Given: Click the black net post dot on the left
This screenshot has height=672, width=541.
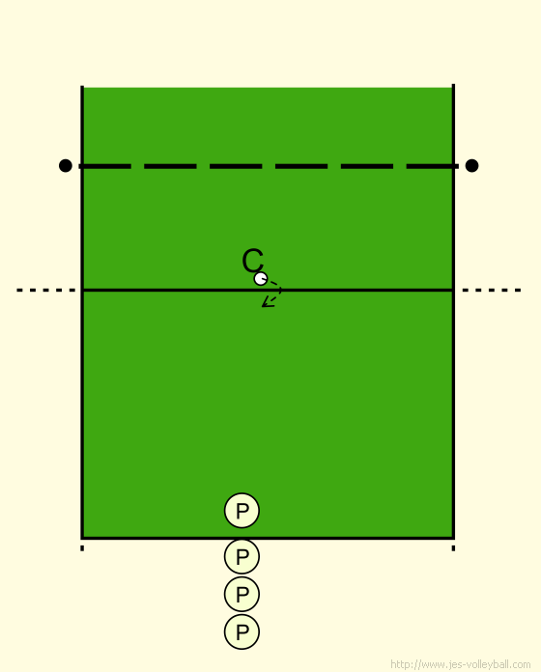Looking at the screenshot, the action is coord(65,165).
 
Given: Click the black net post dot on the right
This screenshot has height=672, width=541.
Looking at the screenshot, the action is coord(471,165).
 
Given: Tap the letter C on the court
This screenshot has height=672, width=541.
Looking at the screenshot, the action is coord(252,260).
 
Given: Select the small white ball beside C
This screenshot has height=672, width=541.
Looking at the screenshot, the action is coord(261,279).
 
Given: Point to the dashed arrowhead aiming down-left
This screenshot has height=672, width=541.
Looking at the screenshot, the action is coord(267,303).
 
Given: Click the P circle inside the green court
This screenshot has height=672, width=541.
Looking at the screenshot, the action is coord(242,511).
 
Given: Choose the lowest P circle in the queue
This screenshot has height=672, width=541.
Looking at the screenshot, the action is coord(242,631).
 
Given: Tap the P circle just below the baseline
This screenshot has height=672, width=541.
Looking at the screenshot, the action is coord(242,556).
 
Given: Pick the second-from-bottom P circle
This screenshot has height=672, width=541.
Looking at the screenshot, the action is coord(242,594).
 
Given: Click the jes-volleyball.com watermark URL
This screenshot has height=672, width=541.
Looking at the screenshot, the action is coord(461,664).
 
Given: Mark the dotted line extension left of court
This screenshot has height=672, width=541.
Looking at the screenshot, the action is coord(45,291).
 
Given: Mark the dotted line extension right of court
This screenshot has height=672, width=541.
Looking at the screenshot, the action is coord(492,291).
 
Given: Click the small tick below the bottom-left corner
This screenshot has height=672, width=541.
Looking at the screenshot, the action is coord(82,548).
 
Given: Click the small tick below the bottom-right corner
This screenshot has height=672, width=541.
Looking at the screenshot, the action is coord(453,548).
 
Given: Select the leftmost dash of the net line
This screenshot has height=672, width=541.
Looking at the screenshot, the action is coord(105,166).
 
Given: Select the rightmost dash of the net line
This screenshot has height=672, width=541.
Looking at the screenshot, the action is coord(432,166).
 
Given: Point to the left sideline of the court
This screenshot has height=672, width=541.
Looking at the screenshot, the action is coord(82,312).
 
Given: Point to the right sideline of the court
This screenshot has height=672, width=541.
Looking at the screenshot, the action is coord(453,311).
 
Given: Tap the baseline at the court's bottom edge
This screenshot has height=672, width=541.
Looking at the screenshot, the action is coord(268,538).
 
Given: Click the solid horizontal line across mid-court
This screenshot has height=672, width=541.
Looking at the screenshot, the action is coord(268,291).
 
